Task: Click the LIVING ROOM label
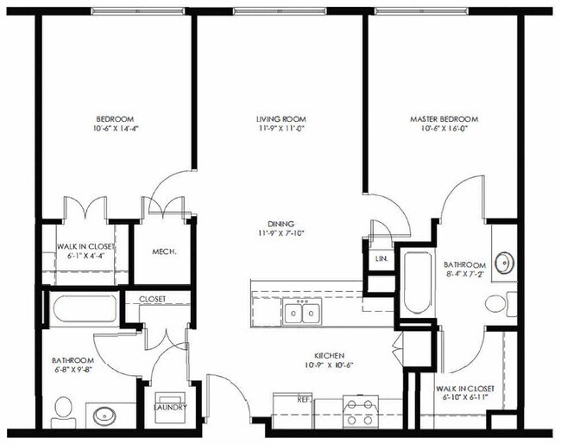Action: (281, 119)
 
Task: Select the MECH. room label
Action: (164, 252)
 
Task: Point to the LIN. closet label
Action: (381, 258)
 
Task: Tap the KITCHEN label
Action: (330, 355)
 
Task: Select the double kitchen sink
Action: (302, 313)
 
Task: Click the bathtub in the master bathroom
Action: (418, 284)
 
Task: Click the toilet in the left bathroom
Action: (63, 409)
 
